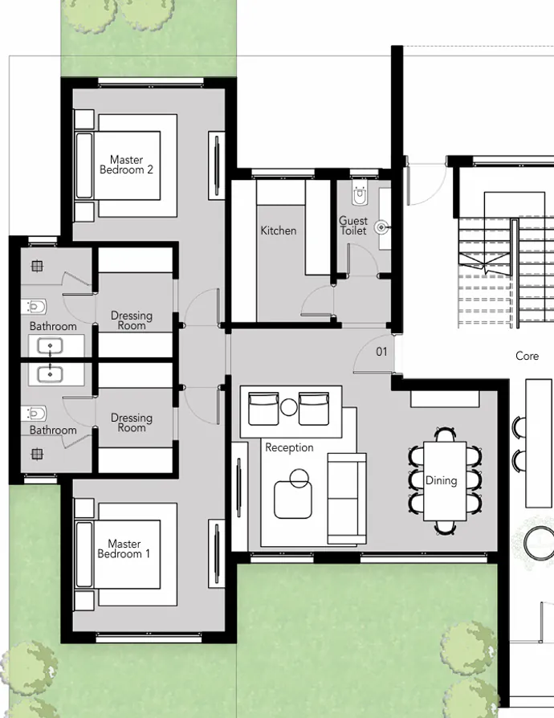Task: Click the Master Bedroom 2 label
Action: point(127,165)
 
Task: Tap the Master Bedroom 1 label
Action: point(124,549)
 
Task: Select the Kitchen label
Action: point(279,230)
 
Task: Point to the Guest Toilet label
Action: point(352,226)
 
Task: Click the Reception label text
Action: point(289,447)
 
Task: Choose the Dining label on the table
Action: point(441,480)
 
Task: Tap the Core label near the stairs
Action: point(527,356)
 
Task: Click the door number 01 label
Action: point(381,352)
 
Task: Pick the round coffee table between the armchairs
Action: point(289,407)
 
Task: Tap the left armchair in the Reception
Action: point(263,408)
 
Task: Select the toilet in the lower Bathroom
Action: point(35,414)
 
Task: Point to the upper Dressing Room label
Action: point(132,320)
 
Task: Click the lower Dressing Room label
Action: point(132,422)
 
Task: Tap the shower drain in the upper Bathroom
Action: point(37,266)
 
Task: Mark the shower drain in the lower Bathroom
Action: point(37,454)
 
